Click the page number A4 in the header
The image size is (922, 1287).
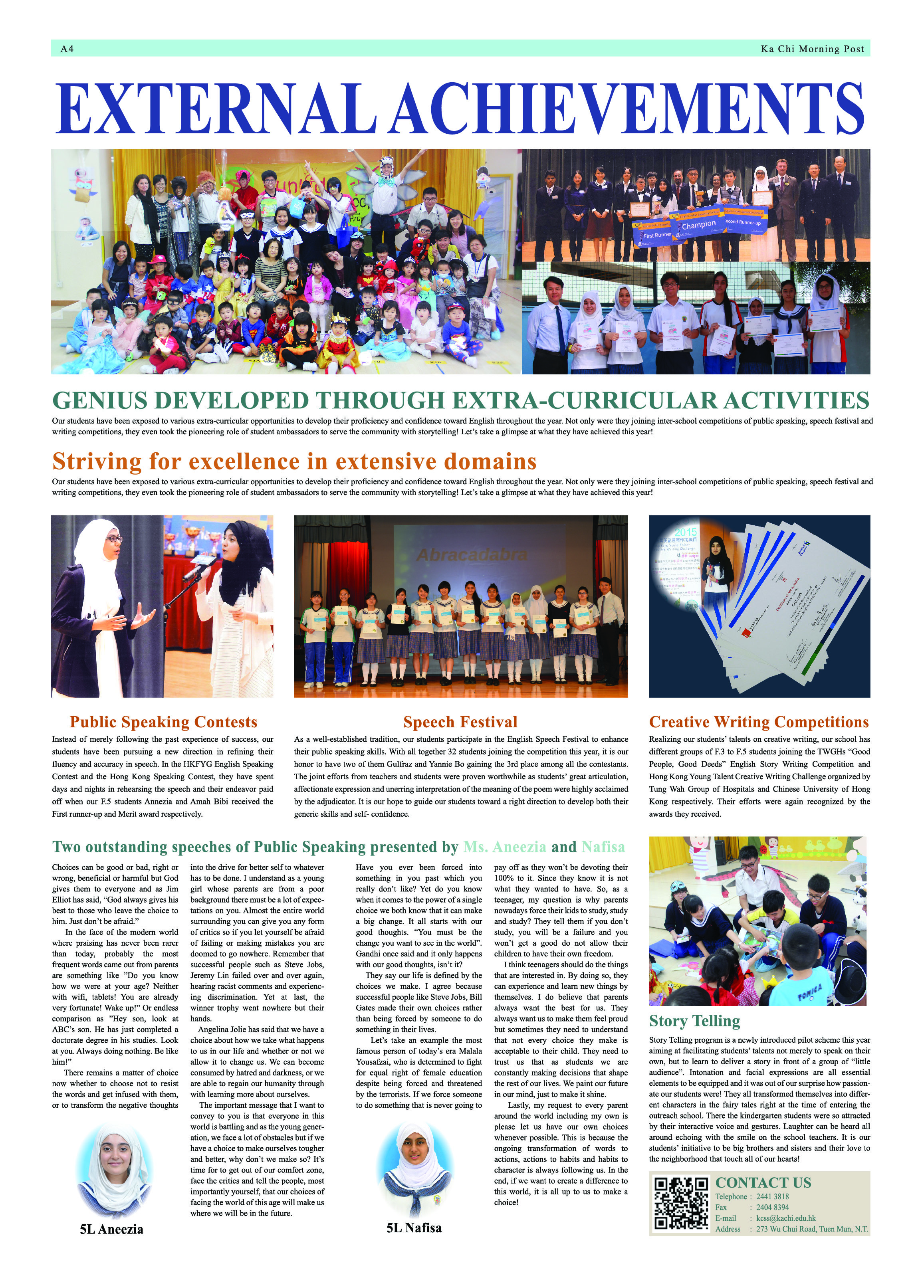click(67, 49)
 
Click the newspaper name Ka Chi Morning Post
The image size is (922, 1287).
click(812, 49)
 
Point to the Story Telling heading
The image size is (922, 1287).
click(694, 1021)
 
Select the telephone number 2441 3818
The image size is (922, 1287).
click(773, 1197)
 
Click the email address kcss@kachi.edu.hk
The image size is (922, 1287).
click(786, 1218)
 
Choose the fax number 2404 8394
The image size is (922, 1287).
click(773, 1208)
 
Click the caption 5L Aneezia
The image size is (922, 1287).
click(111, 1230)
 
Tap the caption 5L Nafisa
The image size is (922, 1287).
click(414, 1228)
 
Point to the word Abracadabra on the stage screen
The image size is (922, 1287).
click(472, 555)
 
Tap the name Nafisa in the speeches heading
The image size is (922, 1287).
click(603, 847)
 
